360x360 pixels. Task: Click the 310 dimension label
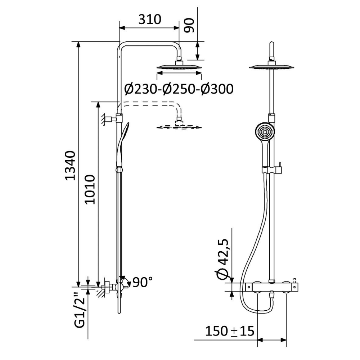[150, 19]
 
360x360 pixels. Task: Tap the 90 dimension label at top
[189, 26]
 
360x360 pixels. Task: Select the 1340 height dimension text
[70, 166]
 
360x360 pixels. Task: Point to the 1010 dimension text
[90, 189]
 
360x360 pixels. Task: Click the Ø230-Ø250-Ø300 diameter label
[179, 89]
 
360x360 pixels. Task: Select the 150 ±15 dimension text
[230, 331]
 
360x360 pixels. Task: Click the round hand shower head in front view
[265, 132]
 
